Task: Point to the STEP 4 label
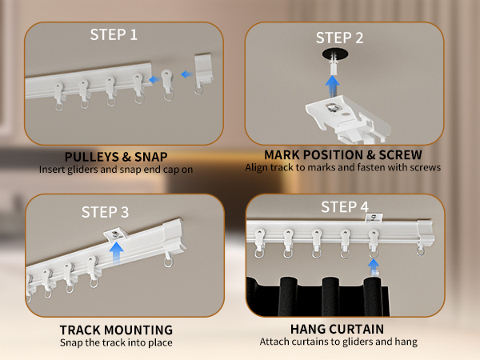click(345, 207)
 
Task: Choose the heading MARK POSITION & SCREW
click(343, 154)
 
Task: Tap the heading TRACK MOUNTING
click(116, 329)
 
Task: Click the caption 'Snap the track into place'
click(116, 342)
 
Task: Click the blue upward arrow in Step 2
click(333, 81)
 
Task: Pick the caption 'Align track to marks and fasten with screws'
click(343, 167)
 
